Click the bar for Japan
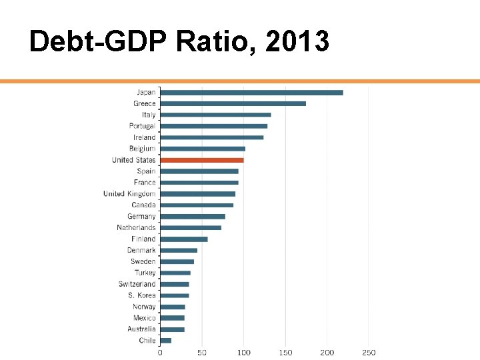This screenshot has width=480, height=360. (251, 93)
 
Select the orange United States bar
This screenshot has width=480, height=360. (202, 160)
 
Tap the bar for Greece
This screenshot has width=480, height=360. (233, 103)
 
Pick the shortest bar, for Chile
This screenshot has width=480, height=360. (166, 341)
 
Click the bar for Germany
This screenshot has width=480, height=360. (193, 217)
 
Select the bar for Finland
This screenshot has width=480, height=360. (184, 239)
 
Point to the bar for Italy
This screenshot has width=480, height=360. (215, 115)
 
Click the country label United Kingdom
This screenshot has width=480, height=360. (129, 194)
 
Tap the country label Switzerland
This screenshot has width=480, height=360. (137, 284)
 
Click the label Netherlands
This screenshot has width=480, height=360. (136, 228)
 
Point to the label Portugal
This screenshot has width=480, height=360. (142, 126)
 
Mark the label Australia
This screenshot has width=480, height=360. (141, 329)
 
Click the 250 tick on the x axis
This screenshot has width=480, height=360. (369, 353)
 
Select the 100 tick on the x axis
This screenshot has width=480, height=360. (243, 353)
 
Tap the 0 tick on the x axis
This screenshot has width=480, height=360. (160, 353)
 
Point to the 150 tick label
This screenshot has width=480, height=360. (285, 353)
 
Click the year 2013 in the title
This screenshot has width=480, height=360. (297, 42)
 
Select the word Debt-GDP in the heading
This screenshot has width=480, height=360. (99, 42)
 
